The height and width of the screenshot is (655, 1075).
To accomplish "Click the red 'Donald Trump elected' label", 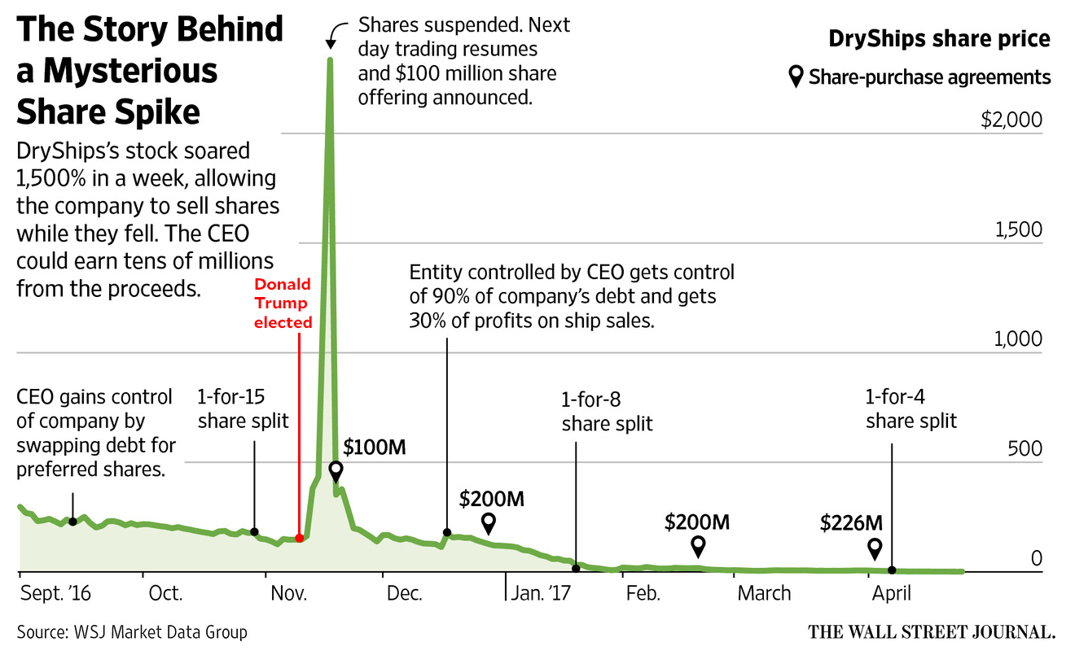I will [283, 303].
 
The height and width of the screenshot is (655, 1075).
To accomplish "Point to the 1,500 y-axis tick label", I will [1018, 230].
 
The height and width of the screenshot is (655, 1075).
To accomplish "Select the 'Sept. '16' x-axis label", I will [54, 594].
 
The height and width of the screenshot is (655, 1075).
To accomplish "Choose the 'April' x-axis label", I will [892, 594].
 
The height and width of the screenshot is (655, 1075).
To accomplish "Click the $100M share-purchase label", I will [375, 447].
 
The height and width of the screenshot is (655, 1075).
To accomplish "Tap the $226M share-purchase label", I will [852, 522].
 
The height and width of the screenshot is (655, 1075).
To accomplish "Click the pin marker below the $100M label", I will [336, 471].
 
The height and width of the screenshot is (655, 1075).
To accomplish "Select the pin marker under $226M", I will [875, 548].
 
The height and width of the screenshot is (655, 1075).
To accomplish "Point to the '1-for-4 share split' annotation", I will [911, 409].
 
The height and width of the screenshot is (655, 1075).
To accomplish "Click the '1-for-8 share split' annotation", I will [607, 412].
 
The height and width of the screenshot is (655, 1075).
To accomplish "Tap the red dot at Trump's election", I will [300, 538].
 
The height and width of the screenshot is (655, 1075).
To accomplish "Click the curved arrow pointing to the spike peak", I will [333, 35].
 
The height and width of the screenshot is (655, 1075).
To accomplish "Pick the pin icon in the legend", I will [796, 77].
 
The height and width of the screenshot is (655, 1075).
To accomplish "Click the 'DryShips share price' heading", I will [939, 38].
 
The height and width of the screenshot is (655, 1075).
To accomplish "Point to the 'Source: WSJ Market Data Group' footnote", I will [131, 631].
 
